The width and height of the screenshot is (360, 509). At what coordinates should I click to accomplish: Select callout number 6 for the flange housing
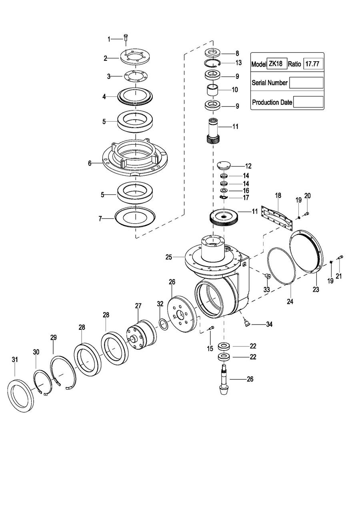[x=90, y=163]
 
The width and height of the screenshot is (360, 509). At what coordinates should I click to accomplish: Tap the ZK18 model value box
[x=277, y=64]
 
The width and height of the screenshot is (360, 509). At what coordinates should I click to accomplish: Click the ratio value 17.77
[x=313, y=64]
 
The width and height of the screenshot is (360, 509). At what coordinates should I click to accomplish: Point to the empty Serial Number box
[x=306, y=83]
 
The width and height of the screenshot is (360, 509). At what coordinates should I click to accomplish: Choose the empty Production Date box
[x=308, y=102]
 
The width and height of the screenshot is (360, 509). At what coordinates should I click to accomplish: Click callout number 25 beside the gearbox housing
[x=169, y=257]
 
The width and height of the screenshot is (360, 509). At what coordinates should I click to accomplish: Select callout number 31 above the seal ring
[x=15, y=360]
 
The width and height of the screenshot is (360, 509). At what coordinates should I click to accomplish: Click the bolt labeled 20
[x=306, y=214]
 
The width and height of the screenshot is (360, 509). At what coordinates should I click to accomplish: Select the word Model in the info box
[x=259, y=64]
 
